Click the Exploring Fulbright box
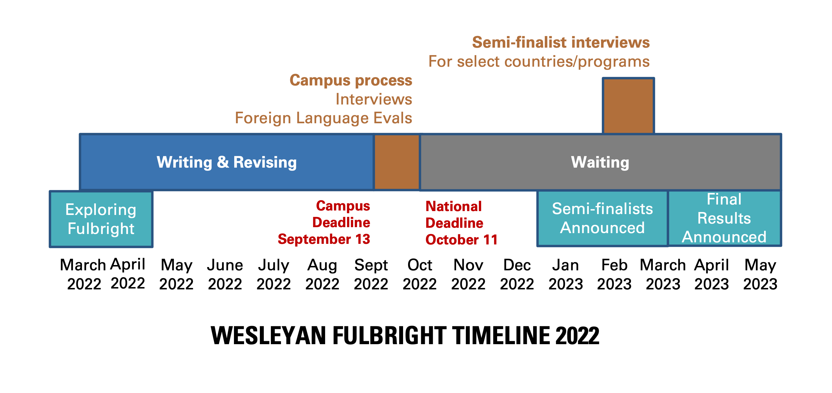click(101, 219)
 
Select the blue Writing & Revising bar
click(227, 162)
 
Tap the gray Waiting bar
click(600, 162)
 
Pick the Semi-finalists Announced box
click(602, 219)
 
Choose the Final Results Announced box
click(725, 219)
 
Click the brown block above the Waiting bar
click(628, 106)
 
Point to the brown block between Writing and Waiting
click(397, 162)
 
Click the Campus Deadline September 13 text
click(324, 222)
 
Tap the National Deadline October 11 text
click(461, 223)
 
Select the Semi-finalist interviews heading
click(561, 42)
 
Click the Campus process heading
click(351, 80)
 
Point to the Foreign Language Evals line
click(323, 118)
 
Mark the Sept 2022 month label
click(371, 275)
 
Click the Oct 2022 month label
click(419, 275)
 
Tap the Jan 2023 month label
click(566, 275)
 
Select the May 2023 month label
click(760, 275)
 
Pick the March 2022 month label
click(83, 275)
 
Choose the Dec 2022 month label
click(517, 275)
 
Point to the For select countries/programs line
click(539, 62)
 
